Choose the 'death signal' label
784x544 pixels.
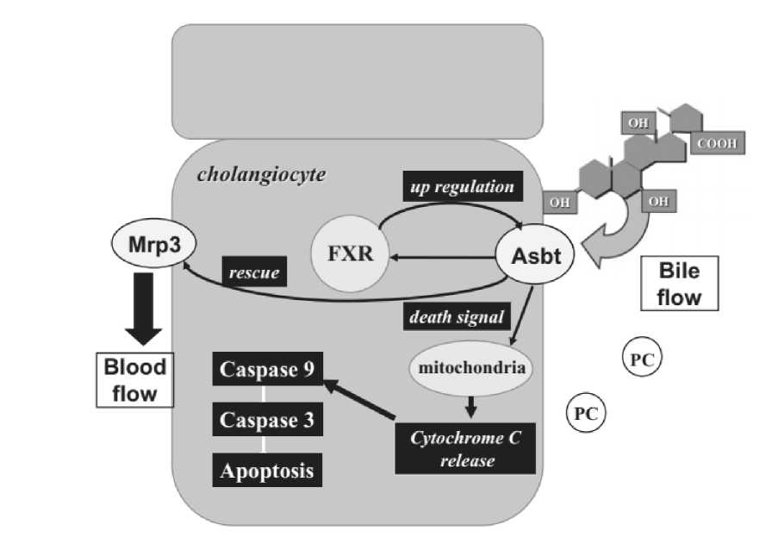tap(456, 316)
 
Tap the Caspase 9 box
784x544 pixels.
tap(267, 371)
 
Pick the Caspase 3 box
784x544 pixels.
tap(267, 421)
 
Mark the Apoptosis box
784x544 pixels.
tap(267, 471)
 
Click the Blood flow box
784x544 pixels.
tap(135, 380)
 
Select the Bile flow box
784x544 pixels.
tap(679, 285)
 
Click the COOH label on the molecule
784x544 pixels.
tap(717, 143)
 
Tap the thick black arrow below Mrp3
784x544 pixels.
tap(149, 305)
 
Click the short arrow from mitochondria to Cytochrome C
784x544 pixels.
tap(470, 406)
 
